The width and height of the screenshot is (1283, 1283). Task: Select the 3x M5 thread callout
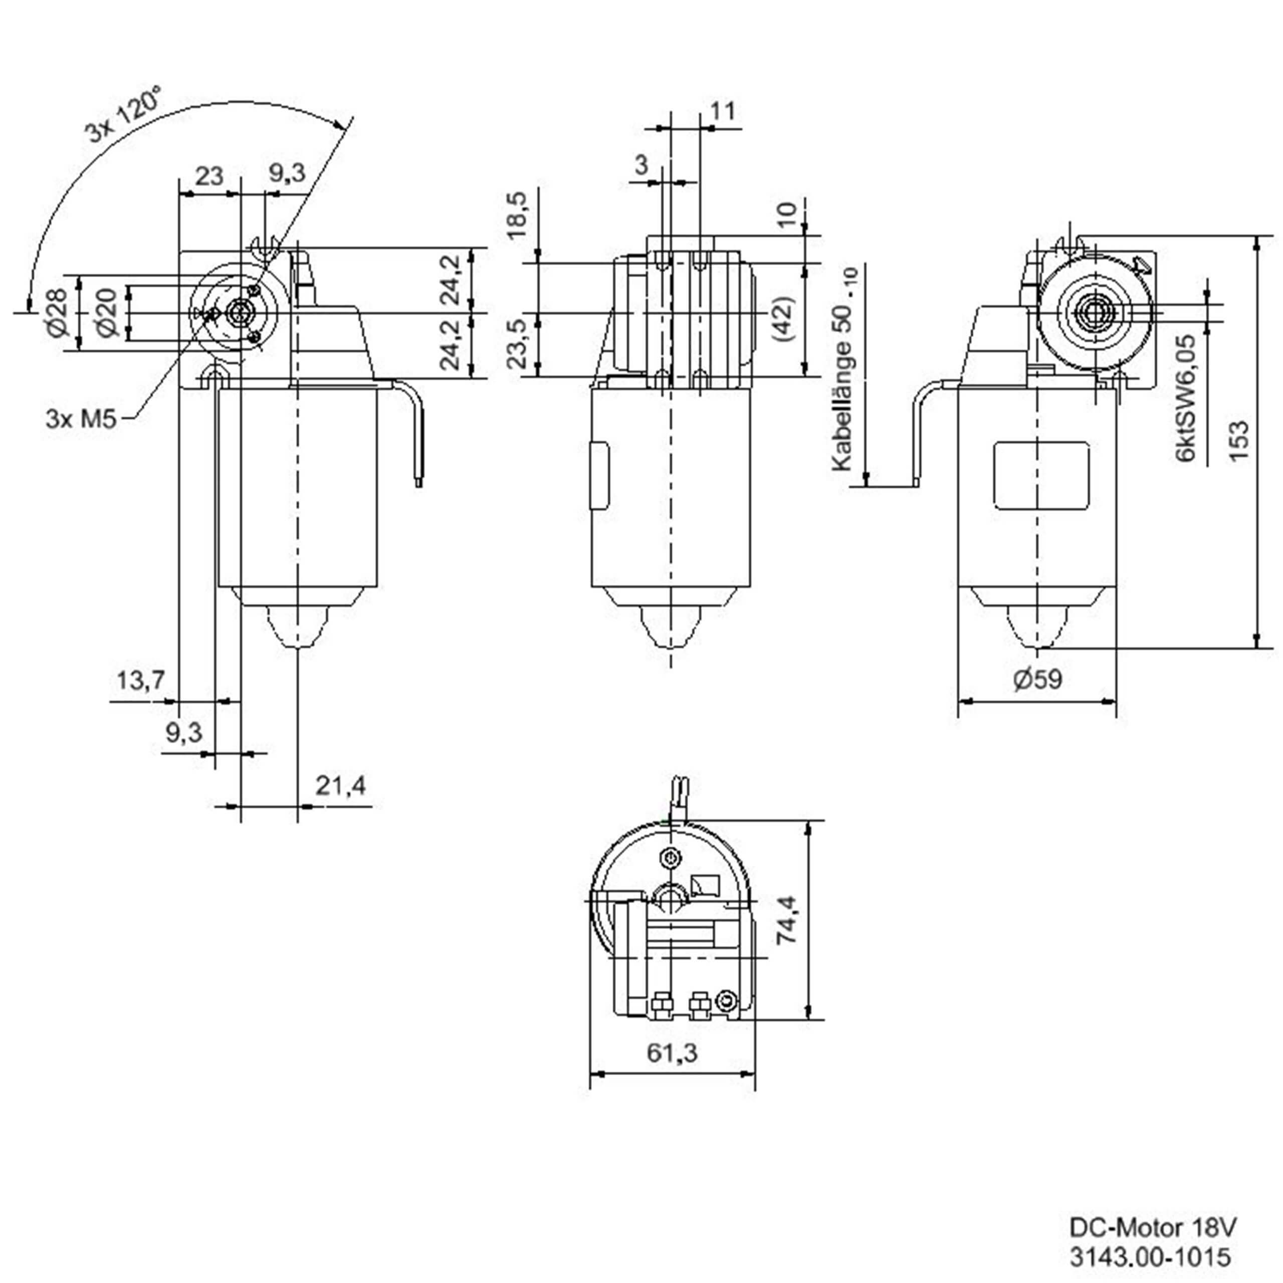(81, 419)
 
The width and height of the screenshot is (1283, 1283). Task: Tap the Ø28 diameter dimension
(58, 312)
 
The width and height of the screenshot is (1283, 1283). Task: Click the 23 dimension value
(209, 176)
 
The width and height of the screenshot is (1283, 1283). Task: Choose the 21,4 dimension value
(340, 786)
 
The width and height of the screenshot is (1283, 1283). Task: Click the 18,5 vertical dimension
(516, 214)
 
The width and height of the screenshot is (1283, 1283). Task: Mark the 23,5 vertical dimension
(516, 343)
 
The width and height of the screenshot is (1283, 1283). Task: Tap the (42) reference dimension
(784, 318)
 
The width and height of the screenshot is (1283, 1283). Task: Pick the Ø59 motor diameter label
(1038, 678)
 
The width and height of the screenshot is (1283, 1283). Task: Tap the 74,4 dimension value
(788, 919)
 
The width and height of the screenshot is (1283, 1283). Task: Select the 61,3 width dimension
(672, 1052)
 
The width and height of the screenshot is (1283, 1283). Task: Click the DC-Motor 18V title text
(1152, 1228)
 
